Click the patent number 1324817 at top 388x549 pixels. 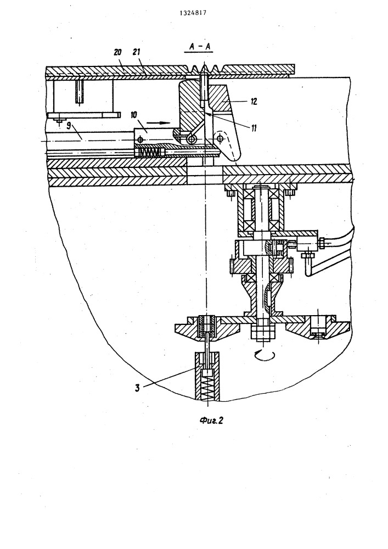pos(193,13)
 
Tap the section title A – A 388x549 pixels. pos(199,47)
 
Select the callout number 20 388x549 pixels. pos(117,52)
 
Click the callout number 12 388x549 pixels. pos(254,102)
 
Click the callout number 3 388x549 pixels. pos(138,388)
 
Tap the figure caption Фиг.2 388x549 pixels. pos(211,420)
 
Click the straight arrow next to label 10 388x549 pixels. pos(158,123)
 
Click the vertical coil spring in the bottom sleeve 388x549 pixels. pos(209,387)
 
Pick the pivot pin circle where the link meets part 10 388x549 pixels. pos(191,139)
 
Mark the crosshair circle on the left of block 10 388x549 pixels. pos(140,139)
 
